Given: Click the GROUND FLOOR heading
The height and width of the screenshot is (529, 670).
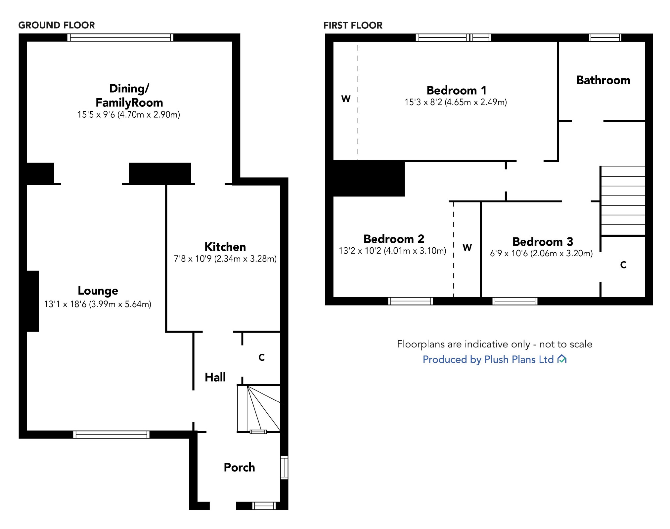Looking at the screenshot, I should point(57,25).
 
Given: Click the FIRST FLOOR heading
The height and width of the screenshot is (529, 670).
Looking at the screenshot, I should point(353,25).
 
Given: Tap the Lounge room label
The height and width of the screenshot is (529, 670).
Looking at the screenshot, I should point(98,291).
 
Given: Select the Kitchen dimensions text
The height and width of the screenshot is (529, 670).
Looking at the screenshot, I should point(225,259).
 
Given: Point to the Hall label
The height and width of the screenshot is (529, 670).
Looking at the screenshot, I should point(215,377).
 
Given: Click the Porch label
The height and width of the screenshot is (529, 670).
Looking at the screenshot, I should point(239,467).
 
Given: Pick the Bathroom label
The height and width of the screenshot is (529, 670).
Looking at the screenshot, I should point(603,80).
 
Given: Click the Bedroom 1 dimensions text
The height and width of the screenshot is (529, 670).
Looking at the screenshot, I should point(456,102).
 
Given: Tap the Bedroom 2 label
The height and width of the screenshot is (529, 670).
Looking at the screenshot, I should point(394,239).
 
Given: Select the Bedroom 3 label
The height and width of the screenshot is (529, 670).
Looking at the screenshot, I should point(543,242).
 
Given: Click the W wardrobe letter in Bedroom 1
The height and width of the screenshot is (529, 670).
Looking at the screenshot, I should point(346,99).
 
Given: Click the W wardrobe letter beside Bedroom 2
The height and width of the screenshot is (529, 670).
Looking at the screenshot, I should point(467,248).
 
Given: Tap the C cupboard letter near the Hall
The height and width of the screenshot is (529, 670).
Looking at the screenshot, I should point(261,357).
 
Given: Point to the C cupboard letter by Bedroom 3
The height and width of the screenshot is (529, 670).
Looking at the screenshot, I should point(623,265).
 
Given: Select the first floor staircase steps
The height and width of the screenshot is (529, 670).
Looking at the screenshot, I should point(623,201).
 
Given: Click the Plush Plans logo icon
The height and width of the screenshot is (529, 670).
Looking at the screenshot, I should point(562,359).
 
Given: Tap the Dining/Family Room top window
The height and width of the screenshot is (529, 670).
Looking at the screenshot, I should point(120,37).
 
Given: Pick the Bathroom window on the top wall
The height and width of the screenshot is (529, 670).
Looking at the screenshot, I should point(605,37).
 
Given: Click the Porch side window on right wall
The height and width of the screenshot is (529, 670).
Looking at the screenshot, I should point(284,468).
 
